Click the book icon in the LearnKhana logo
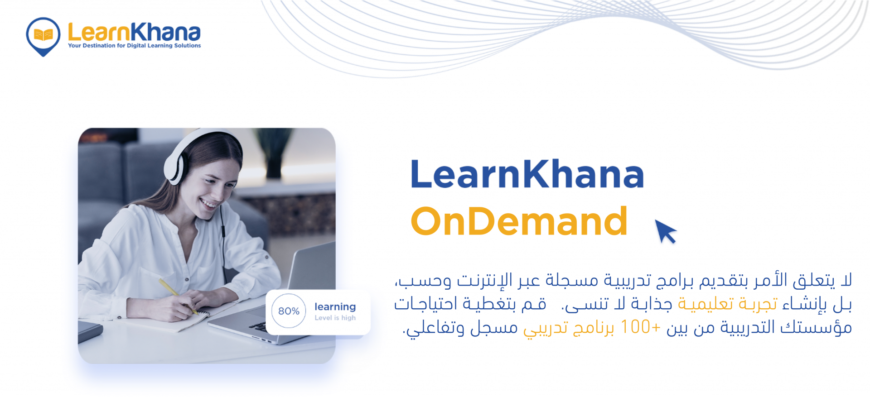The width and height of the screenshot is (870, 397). pos(43,34)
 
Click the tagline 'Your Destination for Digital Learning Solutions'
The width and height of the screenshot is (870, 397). pos(135,46)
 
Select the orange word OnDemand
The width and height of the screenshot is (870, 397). pos(519,221)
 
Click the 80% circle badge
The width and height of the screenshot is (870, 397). pos(289,311)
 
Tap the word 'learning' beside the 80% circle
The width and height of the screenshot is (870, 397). pos(335,307)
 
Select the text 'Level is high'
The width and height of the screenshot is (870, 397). pos(335,318)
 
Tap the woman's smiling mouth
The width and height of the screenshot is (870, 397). pos(208,203)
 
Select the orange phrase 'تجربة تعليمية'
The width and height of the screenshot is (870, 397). pos(727,304)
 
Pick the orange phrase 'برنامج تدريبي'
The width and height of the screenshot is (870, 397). pos(569,328)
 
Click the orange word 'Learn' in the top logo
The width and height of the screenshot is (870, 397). pos(99,32)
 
